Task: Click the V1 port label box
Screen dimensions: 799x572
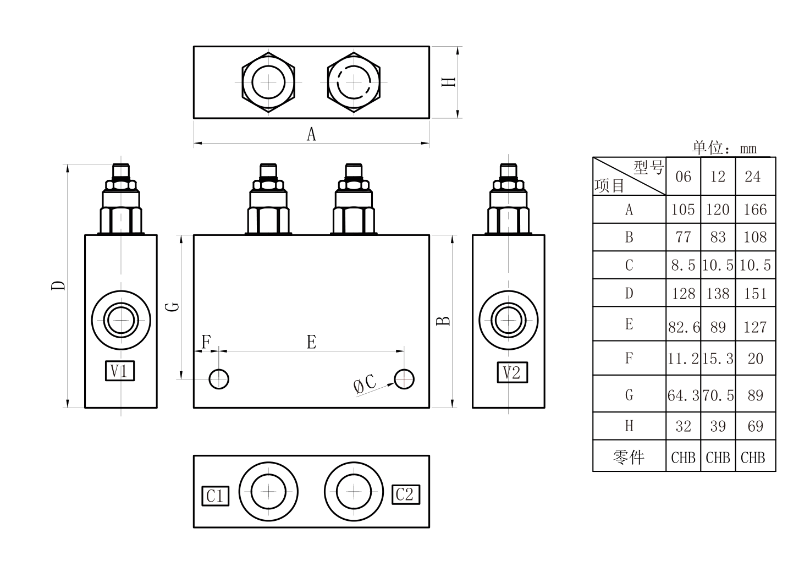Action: click(x=120, y=371)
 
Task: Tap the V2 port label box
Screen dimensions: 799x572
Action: click(x=512, y=372)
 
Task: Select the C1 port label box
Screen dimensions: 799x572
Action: click(x=216, y=496)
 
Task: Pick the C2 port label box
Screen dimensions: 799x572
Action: click(x=406, y=494)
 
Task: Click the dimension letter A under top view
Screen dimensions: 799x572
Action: click(x=311, y=134)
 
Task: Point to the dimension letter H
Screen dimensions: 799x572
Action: click(x=449, y=82)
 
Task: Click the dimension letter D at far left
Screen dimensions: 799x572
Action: click(x=58, y=285)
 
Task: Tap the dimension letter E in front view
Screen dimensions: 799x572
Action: click(x=311, y=342)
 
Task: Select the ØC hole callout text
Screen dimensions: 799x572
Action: click(x=365, y=384)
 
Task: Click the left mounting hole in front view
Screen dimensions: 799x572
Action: click(x=219, y=379)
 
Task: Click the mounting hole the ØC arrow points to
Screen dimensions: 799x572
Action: click(x=404, y=379)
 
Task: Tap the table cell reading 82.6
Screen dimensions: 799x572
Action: click(x=684, y=327)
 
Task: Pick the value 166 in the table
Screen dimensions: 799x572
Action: click(x=755, y=210)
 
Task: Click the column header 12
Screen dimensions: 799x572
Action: click(x=718, y=177)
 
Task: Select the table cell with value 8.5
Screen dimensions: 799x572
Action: click(x=683, y=265)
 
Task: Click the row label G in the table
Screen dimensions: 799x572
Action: click(x=629, y=395)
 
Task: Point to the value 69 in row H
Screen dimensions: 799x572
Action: click(x=755, y=426)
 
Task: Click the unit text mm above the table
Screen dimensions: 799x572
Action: click(x=748, y=149)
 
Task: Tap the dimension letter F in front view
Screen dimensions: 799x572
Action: click(x=206, y=342)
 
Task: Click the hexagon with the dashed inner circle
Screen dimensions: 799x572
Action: click(x=327, y=82)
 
